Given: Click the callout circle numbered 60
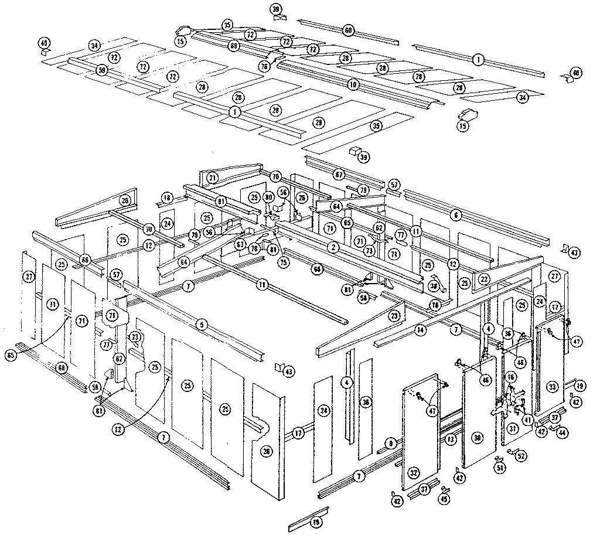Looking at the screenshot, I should (348, 29).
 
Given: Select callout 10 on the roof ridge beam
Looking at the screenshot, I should (352, 84).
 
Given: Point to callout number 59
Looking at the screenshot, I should (103, 70).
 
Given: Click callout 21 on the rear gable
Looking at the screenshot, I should (212, 178).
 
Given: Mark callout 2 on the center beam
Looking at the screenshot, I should (333, 248).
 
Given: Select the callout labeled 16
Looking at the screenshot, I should (511, 377).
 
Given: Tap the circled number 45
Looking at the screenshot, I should (444, 499).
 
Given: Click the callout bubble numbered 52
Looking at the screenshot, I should (520, 456).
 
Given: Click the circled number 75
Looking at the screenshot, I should (284, 263).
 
